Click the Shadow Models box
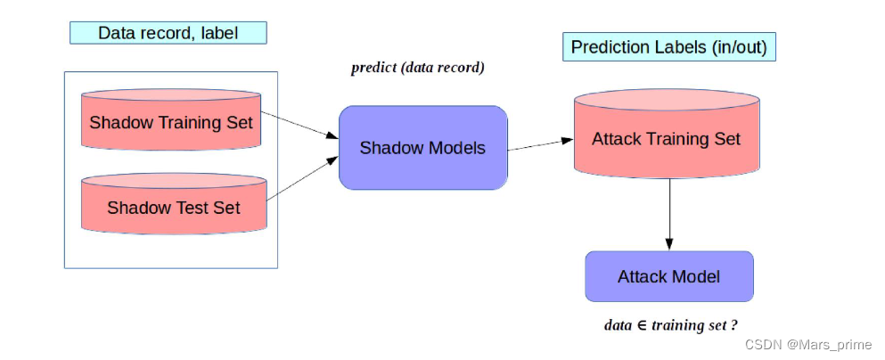pyautogui.click(x=422, y=148)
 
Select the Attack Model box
pyautogui.click(x=668, y=276)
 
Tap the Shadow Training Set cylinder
pyautogui.click(x=171, y=122)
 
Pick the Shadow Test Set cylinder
pyautogui.click(x=173, y=208)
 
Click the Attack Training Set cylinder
pyautogui.click(x=666, y=140)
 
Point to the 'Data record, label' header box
pyautogui.click(x=168, y=33)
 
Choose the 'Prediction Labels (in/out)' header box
pyautogui.click(x=668, y=47)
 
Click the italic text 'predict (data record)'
pyautogui.click(x=417, y=68)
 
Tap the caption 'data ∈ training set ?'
pyautogui.click(x=670, y=324)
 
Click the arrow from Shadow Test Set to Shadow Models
pyautogui.click(x=302, y=177)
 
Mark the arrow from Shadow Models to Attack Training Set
pyautogui.click(x=540, y=144)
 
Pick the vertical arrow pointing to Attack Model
pyautogui.click(x=668, y=214)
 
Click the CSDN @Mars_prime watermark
pyautogui.click(x=807, y=345)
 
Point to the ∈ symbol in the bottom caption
pyautogui.click(x=642, y=325)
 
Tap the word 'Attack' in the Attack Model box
pyautogui.click(x=641, y=276)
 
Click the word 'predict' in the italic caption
pyautogui.click(x=373, y=68)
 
